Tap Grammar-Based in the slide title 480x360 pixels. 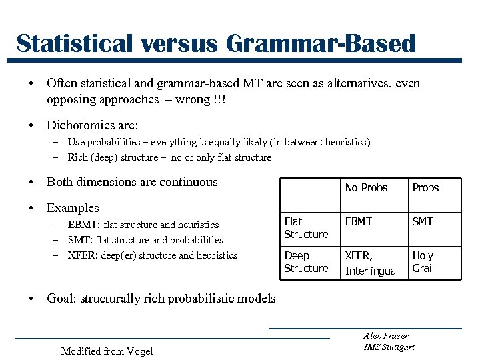tap(321, 43)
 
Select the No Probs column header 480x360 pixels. tap(366, 187)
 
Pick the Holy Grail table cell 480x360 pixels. tap(423, 262)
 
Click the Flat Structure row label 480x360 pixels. tap(306, 228)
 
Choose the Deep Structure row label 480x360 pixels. tap(306, 262)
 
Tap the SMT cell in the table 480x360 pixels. tap(422, 221)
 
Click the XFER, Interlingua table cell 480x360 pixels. tap(370, 263)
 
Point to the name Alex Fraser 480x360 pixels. tap(386, 335)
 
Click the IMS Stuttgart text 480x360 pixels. tap(389, 347)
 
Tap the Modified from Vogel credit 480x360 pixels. tap(107, 351)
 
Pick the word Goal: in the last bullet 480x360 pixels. tap(61, 298)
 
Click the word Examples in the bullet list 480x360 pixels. tap(73, 208)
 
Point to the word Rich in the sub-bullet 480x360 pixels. tap(78, 157)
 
